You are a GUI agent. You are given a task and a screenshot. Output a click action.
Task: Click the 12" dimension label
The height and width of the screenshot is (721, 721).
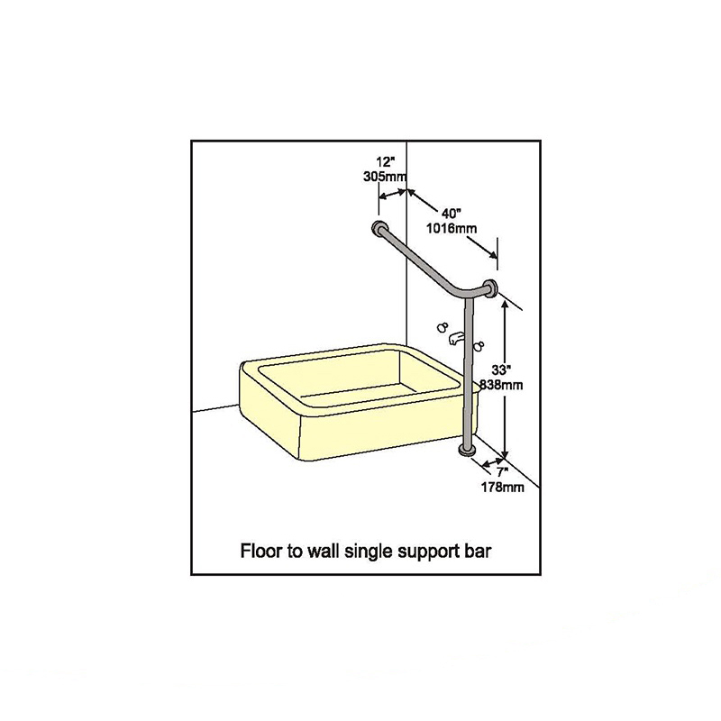[x=386, y=162]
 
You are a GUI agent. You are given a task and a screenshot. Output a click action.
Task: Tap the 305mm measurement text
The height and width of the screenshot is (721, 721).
[x=385, y=176]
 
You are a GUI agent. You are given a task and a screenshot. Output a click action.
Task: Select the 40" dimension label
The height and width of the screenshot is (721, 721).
[x=452, y=214]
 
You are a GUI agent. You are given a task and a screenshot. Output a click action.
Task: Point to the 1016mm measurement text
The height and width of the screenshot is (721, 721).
[x=452, y=228]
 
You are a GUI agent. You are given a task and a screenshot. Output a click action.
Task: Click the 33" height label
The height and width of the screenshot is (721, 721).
[x=501, y=370]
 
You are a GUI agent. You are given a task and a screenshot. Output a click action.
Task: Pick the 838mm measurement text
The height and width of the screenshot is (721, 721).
[x=501, y=385]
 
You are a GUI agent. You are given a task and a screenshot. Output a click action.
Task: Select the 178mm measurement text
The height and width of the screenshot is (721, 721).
[x=503, y=487]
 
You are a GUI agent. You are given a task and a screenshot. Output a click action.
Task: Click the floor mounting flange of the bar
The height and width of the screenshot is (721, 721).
[x=468, y=452]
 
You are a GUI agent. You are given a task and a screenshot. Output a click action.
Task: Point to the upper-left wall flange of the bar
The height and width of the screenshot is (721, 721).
[x=379, y=228]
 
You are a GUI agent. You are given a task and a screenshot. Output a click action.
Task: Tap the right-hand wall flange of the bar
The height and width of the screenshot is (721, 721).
[x=490, y=287]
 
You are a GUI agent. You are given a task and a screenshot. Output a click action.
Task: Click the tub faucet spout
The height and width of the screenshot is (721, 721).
[x=456, y=340]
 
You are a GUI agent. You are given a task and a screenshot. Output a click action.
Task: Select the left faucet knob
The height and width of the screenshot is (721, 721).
[x=443, y=327]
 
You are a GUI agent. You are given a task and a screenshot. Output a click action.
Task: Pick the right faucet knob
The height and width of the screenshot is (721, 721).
[x=479, y=346]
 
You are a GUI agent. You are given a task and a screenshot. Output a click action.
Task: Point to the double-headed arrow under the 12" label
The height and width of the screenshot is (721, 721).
[x=393, y=195]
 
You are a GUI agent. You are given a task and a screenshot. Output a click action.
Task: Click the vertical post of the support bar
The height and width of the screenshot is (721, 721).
[x=468, y=372]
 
